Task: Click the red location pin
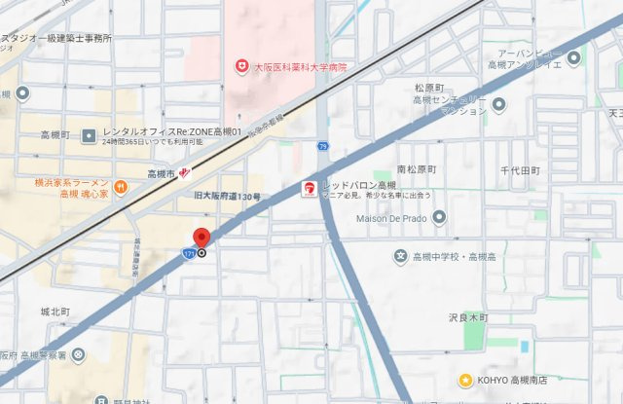(202, 238)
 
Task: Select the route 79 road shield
(322, 145)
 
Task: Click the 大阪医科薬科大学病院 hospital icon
(241, 66)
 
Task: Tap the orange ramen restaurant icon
(120, 186)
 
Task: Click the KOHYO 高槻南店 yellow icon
(466, 380)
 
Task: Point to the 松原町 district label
(429, 86)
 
